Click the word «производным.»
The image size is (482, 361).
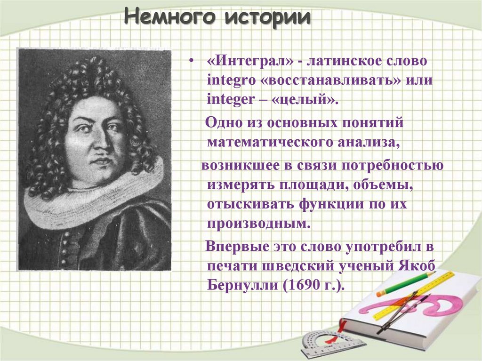[x=258, y=223]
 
